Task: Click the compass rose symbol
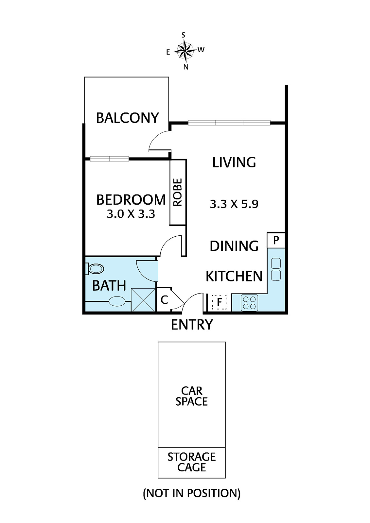[185, 50]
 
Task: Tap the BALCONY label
[127, 118]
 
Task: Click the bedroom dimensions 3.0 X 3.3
[131, 214]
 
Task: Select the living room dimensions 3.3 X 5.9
[234, 204]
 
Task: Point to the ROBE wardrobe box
[178, 192]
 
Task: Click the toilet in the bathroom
[95, 269]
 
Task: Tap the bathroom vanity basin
[117, 301]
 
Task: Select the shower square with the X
[143, 300]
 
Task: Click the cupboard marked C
[164, 299]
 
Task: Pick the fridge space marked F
[219, 302]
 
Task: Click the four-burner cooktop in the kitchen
[249, 303]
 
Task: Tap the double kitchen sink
[276, 269]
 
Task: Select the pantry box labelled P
[276, 240]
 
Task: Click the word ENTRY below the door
[192, 325]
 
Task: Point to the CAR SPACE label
[192, 396]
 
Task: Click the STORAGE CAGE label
[192, 462]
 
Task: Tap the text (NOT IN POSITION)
[192, 493]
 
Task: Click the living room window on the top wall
[229, 123]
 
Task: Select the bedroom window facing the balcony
[109, 159]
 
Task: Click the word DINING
[234, 246]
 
